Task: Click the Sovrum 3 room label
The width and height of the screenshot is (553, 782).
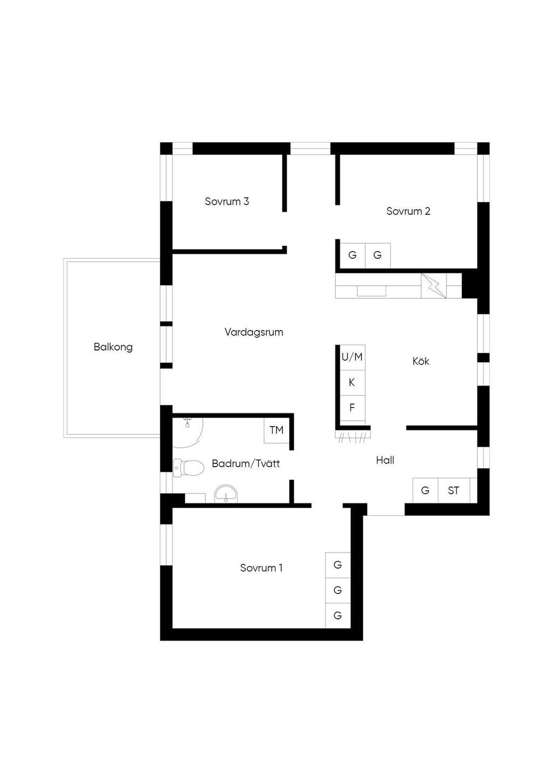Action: [227, 201]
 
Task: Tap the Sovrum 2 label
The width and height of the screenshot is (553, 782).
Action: [408, 211]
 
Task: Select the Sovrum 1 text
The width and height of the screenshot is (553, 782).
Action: [261, 568]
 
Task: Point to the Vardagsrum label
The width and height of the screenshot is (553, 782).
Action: [254, 332]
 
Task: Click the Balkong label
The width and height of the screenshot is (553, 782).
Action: [113, 347]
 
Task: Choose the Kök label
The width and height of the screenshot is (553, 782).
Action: [421, 361]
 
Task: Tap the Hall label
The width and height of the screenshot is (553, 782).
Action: [385, 460]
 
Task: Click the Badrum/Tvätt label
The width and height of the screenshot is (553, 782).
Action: [246, 463]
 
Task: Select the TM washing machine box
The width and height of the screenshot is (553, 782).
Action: [276, 430]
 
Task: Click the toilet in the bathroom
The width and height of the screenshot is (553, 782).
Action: [188, 468]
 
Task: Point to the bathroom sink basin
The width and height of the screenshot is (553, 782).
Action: [226, 494]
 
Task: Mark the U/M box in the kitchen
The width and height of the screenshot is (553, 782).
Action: [353, 357]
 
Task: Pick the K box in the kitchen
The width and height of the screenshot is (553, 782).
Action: [353, 382]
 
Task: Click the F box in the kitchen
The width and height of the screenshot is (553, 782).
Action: [353, 408]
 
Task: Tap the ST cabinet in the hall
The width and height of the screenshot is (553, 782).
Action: [454, 490]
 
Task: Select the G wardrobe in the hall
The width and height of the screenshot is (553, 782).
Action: [425, 490]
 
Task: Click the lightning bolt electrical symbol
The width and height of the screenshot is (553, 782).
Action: [434, 286]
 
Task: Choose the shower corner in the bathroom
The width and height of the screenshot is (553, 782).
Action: [188, 432]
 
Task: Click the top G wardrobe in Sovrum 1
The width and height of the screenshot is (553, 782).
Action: [338, 565]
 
